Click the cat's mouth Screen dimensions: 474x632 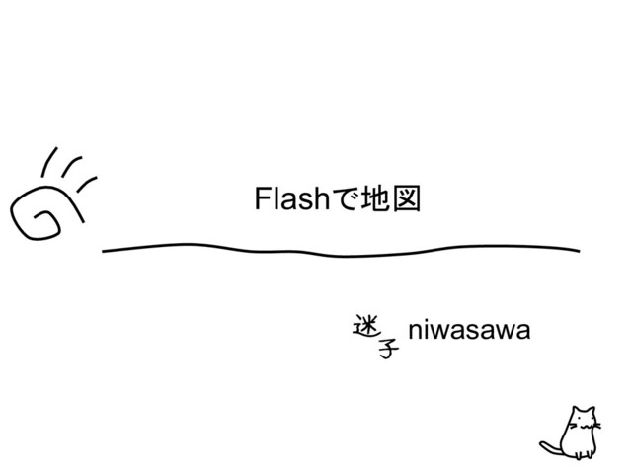tap(585, 427)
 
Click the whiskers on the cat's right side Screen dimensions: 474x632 tap(597, 427)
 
